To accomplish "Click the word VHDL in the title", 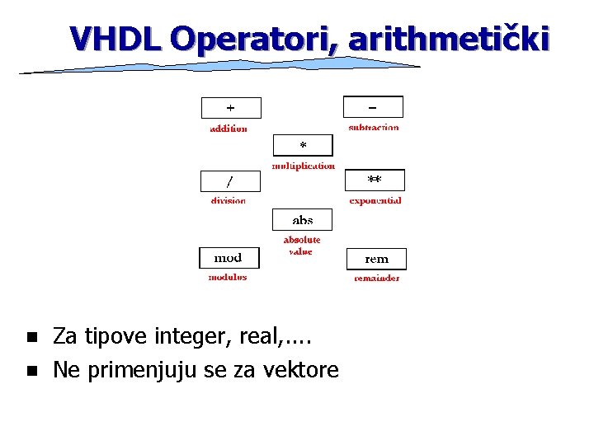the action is (116, 38).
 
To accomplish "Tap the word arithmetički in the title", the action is (448, 38).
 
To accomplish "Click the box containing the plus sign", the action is (231, 108).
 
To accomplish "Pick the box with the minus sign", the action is (373, 107).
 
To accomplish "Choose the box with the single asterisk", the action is (303, 146).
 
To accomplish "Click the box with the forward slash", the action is (230, 181).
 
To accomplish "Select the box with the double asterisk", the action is (375, 180).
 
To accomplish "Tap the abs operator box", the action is (302, 219).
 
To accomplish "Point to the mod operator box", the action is (229, 258).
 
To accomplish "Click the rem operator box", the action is (376, 259).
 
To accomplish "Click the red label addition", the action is (229, 129).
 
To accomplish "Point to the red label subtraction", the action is (374, 128).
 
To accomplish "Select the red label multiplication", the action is (304, 166).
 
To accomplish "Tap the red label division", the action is (228, 201).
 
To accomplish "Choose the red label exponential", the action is (375, 200).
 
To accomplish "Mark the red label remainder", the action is (377, 279).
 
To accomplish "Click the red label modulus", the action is (227, 278).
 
